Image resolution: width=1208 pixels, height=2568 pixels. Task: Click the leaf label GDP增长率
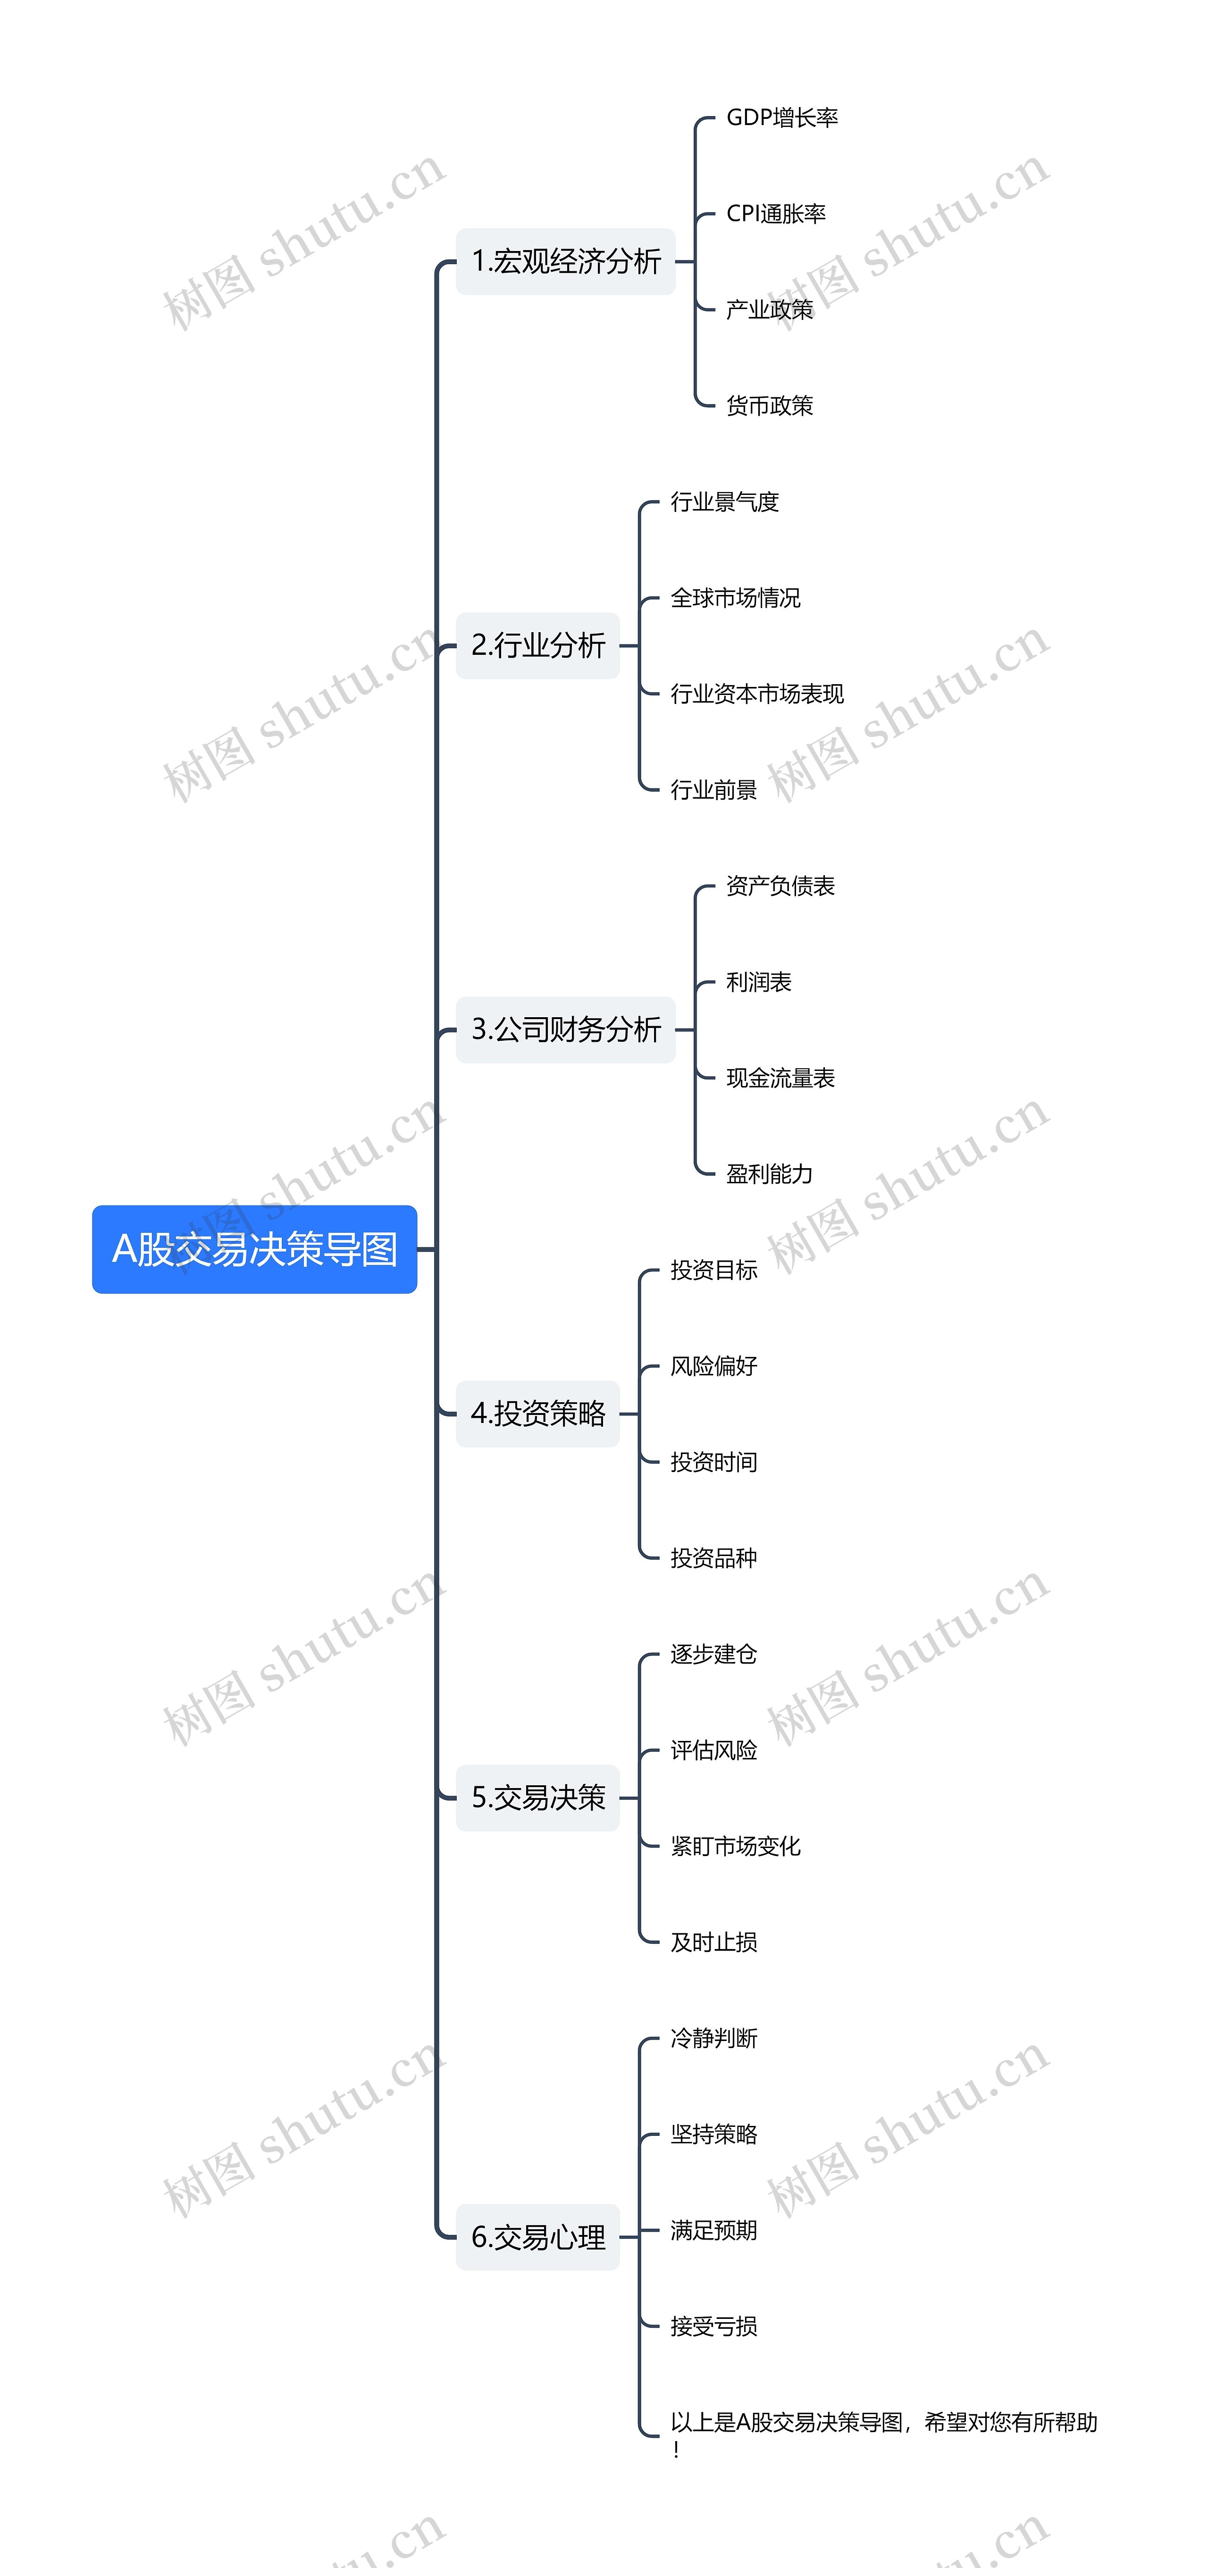click(781, 117)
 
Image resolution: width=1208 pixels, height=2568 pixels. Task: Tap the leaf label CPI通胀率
click(775, 213)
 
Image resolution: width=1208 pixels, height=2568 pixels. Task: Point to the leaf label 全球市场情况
click(736, 598)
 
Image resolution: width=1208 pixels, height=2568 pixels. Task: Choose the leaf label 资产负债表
click(780, 886)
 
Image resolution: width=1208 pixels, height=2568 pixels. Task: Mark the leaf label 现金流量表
click(780, 1078)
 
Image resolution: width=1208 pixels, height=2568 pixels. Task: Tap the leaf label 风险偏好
click(713, 1366)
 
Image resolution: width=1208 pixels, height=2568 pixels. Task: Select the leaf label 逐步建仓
click(713, 1654)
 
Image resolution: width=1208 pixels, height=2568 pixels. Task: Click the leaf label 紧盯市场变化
click(736, 1846)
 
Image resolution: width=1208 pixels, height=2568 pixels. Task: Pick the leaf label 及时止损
click(713, 1942)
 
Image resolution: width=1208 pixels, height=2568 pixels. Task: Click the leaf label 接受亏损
click(713, 2326)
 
